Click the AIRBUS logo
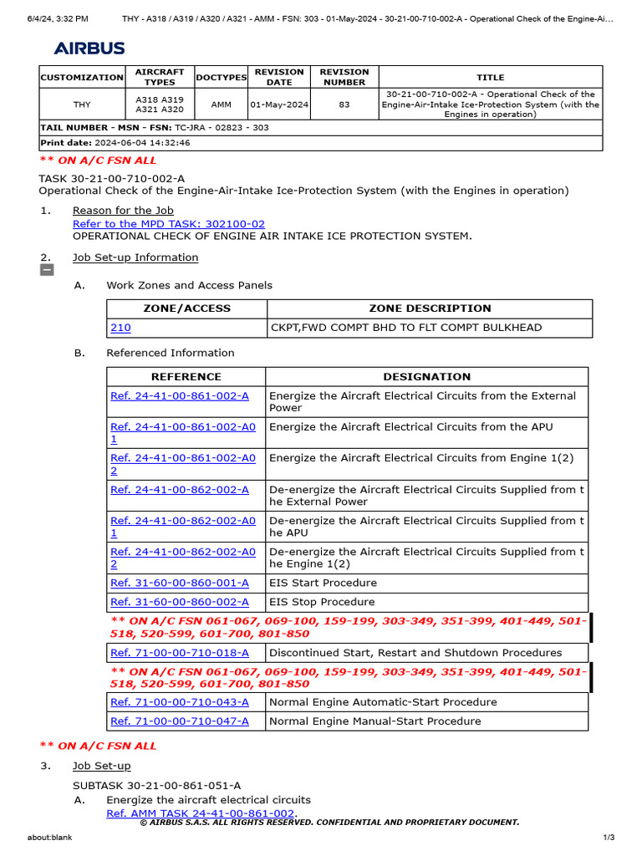[89, 48]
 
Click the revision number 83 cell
[344, 104]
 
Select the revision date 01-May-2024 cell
[279, 104]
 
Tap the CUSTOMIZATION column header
[81, 77]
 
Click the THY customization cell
[81, 104]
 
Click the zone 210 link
[120, 328]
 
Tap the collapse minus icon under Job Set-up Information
[47, 270]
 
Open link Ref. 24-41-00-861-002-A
[180, 395]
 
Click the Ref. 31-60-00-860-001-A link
[180, 583]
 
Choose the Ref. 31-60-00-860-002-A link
[180, 602]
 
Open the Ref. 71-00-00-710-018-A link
[180, 653]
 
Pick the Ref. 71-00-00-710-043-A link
[180, 702]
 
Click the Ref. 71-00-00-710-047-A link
[180, 721]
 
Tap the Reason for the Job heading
[112, 211]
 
